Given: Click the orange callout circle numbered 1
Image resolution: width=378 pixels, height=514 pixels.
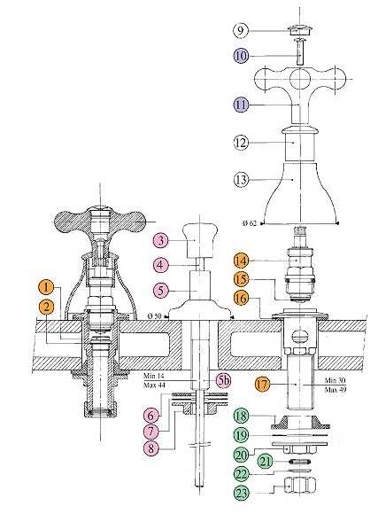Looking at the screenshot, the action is pyautogui.click(x=46, y=287).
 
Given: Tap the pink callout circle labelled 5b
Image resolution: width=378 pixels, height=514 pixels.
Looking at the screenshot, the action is pyautogui.click(x=224, y=380).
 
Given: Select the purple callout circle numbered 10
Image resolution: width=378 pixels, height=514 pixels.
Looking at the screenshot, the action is pyautogui.click(x=241, y=56).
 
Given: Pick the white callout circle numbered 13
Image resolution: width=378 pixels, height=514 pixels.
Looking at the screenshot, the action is pyautogui.click(x=241, y=180).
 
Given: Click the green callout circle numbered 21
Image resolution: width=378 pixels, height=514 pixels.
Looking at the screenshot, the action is pyautogui.click(x=266, y=462).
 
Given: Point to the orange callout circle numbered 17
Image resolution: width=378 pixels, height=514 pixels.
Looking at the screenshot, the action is pyautogui.click(x=262, y=384).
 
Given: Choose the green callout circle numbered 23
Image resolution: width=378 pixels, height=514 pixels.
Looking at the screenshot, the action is pyautogui.click(x=241, y=493).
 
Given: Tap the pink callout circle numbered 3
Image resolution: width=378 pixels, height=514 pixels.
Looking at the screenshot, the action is pyautogui.click(x=160, y=240).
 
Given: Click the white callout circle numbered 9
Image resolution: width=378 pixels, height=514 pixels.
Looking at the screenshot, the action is pyautogui.click(x=241, y=30).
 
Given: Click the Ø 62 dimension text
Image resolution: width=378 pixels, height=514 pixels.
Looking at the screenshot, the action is pyautogui.click(x=250, y=223).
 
